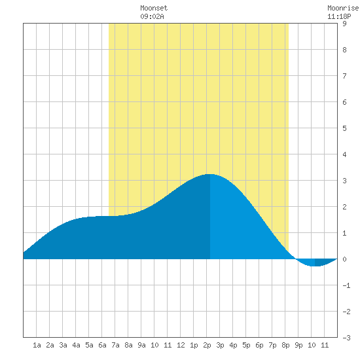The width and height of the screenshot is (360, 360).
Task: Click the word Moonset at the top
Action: pyautogui.click(x=154, y=8)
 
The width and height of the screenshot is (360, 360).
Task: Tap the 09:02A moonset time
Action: pyautogui.click(x=152, y=16)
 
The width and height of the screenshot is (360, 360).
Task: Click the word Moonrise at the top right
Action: pyautogui.click(x=344, y=8)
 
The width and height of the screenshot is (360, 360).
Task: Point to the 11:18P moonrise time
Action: pyautogui.click(x=339, y=16)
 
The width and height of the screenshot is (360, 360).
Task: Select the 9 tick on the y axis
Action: pyautogui.click(x=344, y=24)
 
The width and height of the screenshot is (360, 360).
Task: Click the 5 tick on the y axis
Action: pyautogui.click(x=344, y=128)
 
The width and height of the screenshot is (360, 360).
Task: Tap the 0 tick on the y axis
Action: pyautogui.click(x=344, y=259)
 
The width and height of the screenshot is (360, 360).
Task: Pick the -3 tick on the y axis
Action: pyautogui.click(x=346, y=338)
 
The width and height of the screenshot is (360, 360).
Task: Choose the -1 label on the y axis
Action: pyautogui.click(x=346, y=285)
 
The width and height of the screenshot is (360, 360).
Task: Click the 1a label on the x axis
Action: pyautogui.click(x=37, y=345)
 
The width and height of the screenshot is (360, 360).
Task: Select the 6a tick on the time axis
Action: pyautogui.click(x=102, y=345)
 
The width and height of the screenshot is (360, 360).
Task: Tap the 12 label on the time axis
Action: pyautogui.click(x=181, y=345)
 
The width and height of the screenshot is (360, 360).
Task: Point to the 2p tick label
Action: pyautogui.click(x=207, y=345)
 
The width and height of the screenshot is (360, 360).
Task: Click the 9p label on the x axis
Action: pyautogui.click(x=298, y=345)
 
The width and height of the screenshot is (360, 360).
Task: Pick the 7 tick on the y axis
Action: pyautogui.click(x=344, y=76)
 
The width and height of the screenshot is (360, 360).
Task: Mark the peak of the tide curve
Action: pyautogui.click(x=209, y=174)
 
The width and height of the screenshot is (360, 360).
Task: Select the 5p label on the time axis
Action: pyautogui.click(x=246, y=345)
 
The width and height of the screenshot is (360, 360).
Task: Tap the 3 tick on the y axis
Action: pyautogui.click(x=344, y=181)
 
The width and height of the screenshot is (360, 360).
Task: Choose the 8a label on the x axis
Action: pyautogui.click(x=128, y=345)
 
